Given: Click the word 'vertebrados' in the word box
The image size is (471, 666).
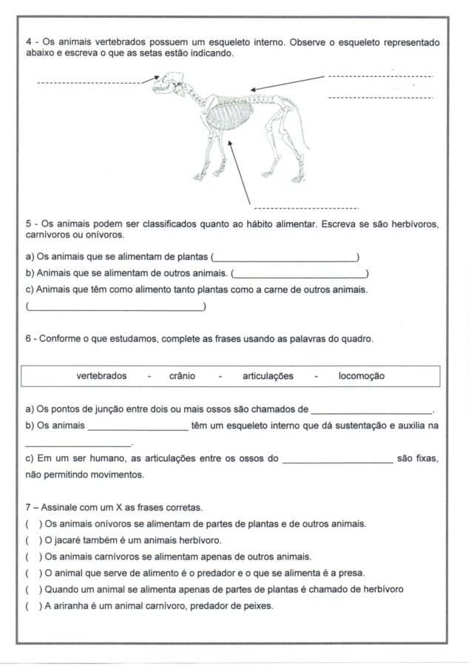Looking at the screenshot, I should (x=101, y=376).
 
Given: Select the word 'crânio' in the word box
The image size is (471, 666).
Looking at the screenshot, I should (x=182, y=376).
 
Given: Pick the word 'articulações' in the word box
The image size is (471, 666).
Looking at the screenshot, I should (x=268, y=376).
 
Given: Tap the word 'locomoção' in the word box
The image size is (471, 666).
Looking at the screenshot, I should (x=361, y=376).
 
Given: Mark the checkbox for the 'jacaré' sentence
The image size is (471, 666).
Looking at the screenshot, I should (x=32, y=540).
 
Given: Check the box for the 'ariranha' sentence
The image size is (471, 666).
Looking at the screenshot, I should (x=32, y=606).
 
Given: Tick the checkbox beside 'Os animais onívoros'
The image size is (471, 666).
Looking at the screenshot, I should (x=32, y=524).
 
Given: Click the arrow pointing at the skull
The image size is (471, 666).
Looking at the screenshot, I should (x=150, y=78).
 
